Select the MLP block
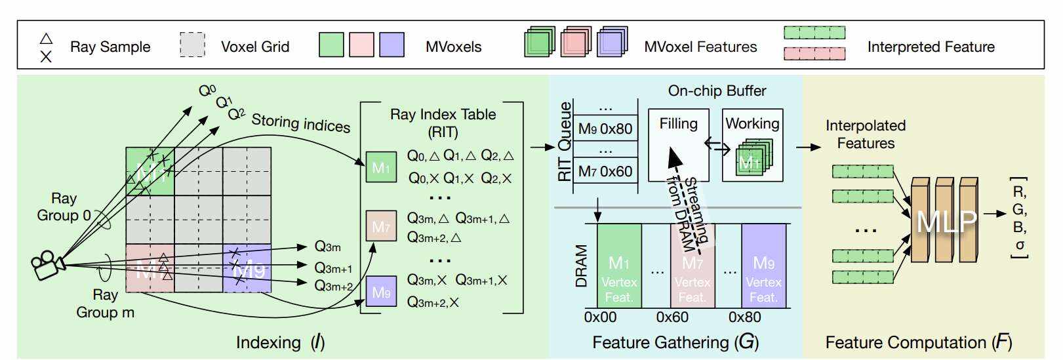point(946,221)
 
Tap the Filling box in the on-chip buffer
point(678,145)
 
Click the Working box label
point(752,123)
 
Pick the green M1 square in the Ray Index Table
point(381,167)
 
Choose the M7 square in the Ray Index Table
point(381,226)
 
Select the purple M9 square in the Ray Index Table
point(381,292)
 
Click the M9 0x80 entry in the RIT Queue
point(605,129)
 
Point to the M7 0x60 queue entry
point(605,172)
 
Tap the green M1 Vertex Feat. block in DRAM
point(619,266)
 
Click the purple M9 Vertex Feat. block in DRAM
point(763,266)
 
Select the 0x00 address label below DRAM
point(600,317)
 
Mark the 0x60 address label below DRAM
point(672,317)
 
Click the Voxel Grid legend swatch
point(192,45)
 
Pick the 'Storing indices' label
point(301,123)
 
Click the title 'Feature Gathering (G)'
point(675,342)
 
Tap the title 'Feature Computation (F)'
point(918,342)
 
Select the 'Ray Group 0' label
point(64,207)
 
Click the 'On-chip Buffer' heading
point(717,90)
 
